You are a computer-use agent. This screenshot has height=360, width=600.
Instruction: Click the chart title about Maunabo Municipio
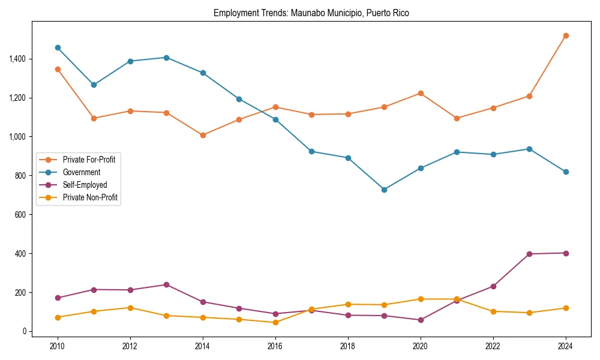[311, 13]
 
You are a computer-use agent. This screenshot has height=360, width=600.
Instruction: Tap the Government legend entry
[81, 172]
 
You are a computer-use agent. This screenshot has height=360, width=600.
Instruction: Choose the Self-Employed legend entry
[85, 185]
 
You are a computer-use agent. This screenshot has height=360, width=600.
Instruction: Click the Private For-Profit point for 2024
[566, 35]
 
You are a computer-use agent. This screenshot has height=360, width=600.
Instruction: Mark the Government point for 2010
[58, 47]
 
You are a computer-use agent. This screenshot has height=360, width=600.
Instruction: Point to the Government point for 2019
[384, 190]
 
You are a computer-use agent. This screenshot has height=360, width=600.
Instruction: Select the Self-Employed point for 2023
[529, 254]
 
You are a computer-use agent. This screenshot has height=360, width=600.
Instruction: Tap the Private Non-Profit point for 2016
[275, 322]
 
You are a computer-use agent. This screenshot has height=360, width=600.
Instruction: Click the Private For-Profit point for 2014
[203, 135]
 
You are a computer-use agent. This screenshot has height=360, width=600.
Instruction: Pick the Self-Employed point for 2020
[421, 320]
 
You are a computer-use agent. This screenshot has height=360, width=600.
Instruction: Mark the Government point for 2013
[166, 58]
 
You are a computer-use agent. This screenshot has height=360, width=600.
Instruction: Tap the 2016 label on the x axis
[275, 346]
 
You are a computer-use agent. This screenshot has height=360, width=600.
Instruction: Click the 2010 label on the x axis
[58, 346]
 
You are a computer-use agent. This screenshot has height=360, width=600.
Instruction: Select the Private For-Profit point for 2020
[421, 93]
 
